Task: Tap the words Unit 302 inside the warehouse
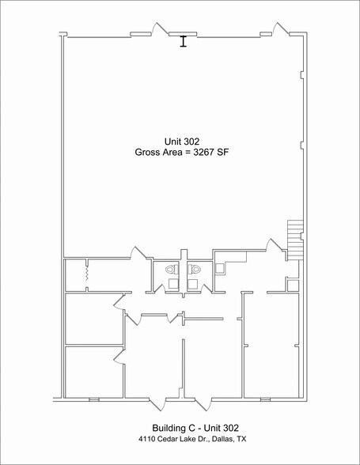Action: point(181,140)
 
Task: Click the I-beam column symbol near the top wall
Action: point(183,41)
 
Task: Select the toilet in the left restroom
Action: point(169,270)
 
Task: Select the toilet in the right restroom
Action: point(198,270)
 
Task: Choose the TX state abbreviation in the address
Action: point(241,438)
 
